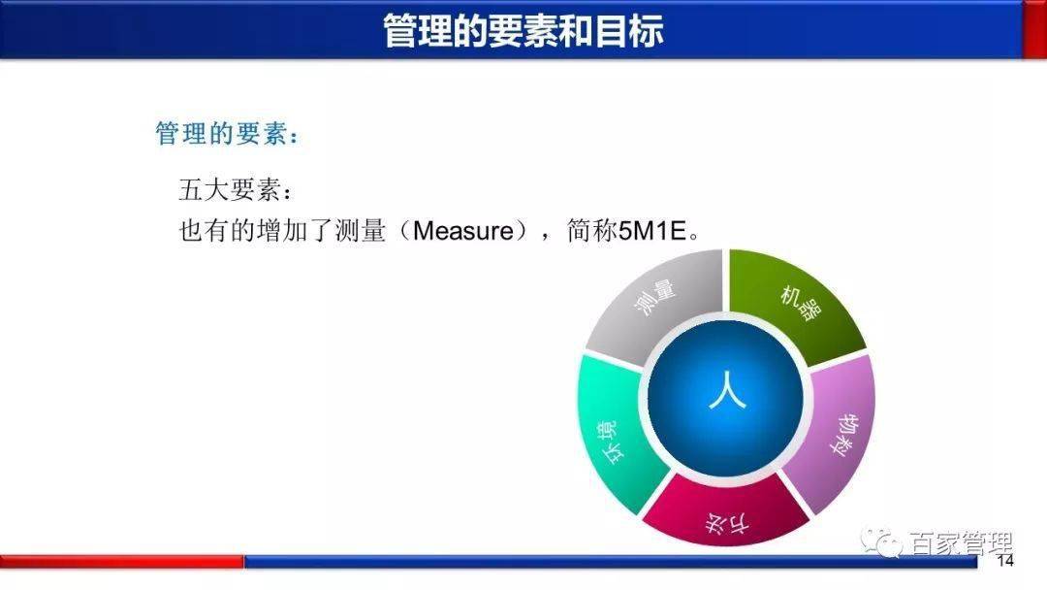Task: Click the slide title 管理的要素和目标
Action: [x=523, y=29]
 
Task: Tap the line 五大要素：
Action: [x=234, y=188]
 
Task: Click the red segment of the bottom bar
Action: [x=121, y=562]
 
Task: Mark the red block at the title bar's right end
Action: [x=1034, y=29]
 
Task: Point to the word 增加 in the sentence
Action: [x=282, y=232]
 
